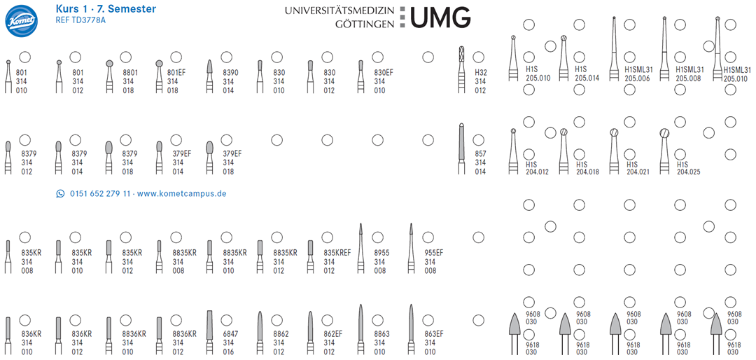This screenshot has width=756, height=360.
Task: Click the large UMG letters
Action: click(440, 17)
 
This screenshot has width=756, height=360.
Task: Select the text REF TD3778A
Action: click(80, 20)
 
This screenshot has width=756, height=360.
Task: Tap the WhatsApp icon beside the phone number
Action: click(60, 194)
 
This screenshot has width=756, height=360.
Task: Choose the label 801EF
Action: click(176, 72)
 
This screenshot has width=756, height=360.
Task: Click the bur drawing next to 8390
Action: click(209, 76)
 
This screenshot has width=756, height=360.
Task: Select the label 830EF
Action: click(384, 72)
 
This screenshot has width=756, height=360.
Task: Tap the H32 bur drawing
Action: click(461, 69)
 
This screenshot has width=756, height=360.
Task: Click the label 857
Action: click(480, 153)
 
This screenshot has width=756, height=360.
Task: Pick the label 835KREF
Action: click(337, 252)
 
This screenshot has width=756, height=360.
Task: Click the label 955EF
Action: click(434, 252)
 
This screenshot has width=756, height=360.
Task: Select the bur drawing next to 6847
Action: click(209, 333)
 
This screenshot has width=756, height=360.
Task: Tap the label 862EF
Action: click(333, 334)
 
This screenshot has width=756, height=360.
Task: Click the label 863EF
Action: click(434, 334)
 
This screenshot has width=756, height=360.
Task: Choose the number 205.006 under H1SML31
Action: click(638, 78)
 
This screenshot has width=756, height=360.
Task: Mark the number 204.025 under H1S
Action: click(687, 172)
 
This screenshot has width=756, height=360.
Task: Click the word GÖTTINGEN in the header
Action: click(365, 23)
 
